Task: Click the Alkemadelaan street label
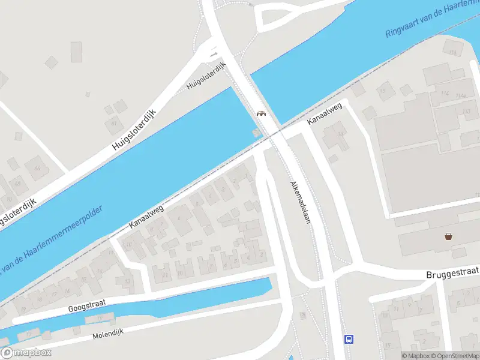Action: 301,203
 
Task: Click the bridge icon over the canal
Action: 261,113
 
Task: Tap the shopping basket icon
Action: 449,236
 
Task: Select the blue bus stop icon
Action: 349,339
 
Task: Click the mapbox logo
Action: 26,353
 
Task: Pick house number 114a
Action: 461,95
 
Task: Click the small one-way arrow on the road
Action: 214,55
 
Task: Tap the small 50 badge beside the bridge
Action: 257,132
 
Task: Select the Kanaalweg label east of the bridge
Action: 325,114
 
